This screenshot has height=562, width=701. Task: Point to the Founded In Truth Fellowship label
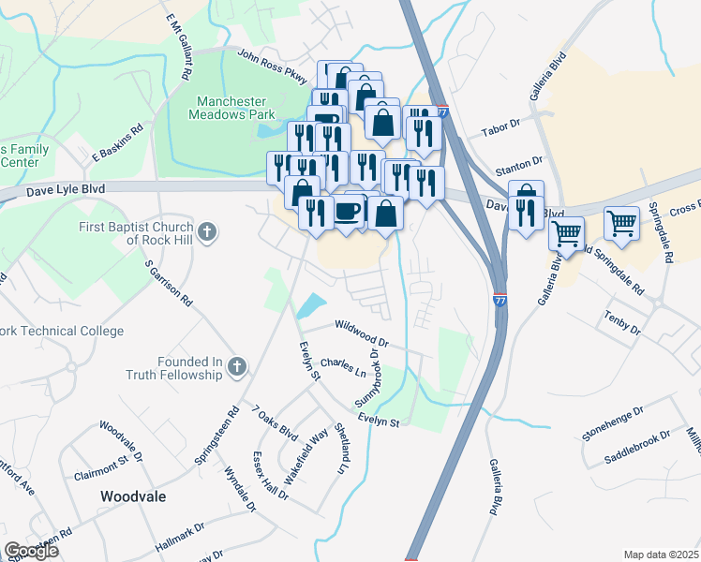tap(176, 368)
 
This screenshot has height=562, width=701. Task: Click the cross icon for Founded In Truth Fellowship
tap(237, 368)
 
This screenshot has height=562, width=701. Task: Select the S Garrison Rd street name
tap(169, 284)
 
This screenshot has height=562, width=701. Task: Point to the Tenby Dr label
tap(621, 324)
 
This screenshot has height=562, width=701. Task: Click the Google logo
tap(31, 551)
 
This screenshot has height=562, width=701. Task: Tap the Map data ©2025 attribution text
tap(662, 555)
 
